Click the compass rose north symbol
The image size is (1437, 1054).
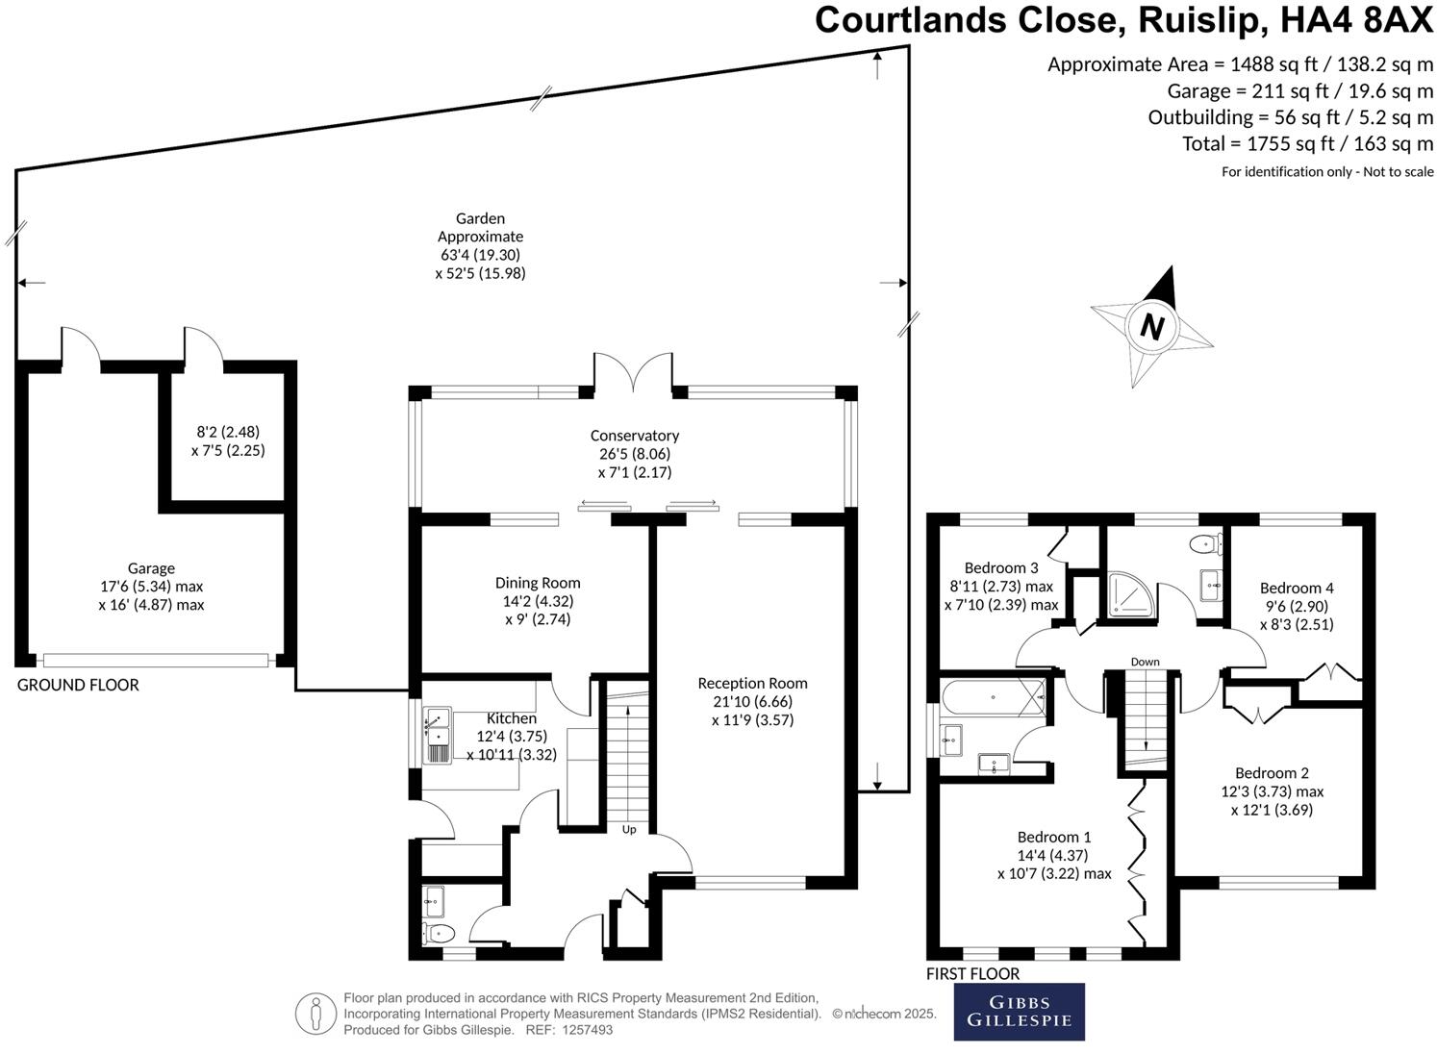(x=1151, y=326)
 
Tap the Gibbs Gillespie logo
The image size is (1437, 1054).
(x=1019, y=1012)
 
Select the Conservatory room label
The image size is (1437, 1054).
(x=634, y=436)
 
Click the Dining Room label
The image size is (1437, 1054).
(x=538, y=583)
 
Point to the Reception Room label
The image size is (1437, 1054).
(x=752, y=684)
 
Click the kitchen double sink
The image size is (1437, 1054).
(x=437, y=737)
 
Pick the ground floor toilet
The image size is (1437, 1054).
(x=439, y=932)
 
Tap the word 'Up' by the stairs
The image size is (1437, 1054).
(x=629, y=829)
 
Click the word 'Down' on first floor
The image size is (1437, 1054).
(x=1145, y=662)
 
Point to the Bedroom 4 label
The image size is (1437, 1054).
(x=1297, y=588)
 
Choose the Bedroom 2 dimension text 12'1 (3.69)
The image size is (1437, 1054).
(x=1272, y=810)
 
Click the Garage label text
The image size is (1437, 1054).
(x=151, y=568)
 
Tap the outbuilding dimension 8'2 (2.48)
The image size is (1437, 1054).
(x=228, y=432)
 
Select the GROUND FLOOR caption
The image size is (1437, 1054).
(x=78, y=685)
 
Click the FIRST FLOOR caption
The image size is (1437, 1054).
(x=972, y=974)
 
